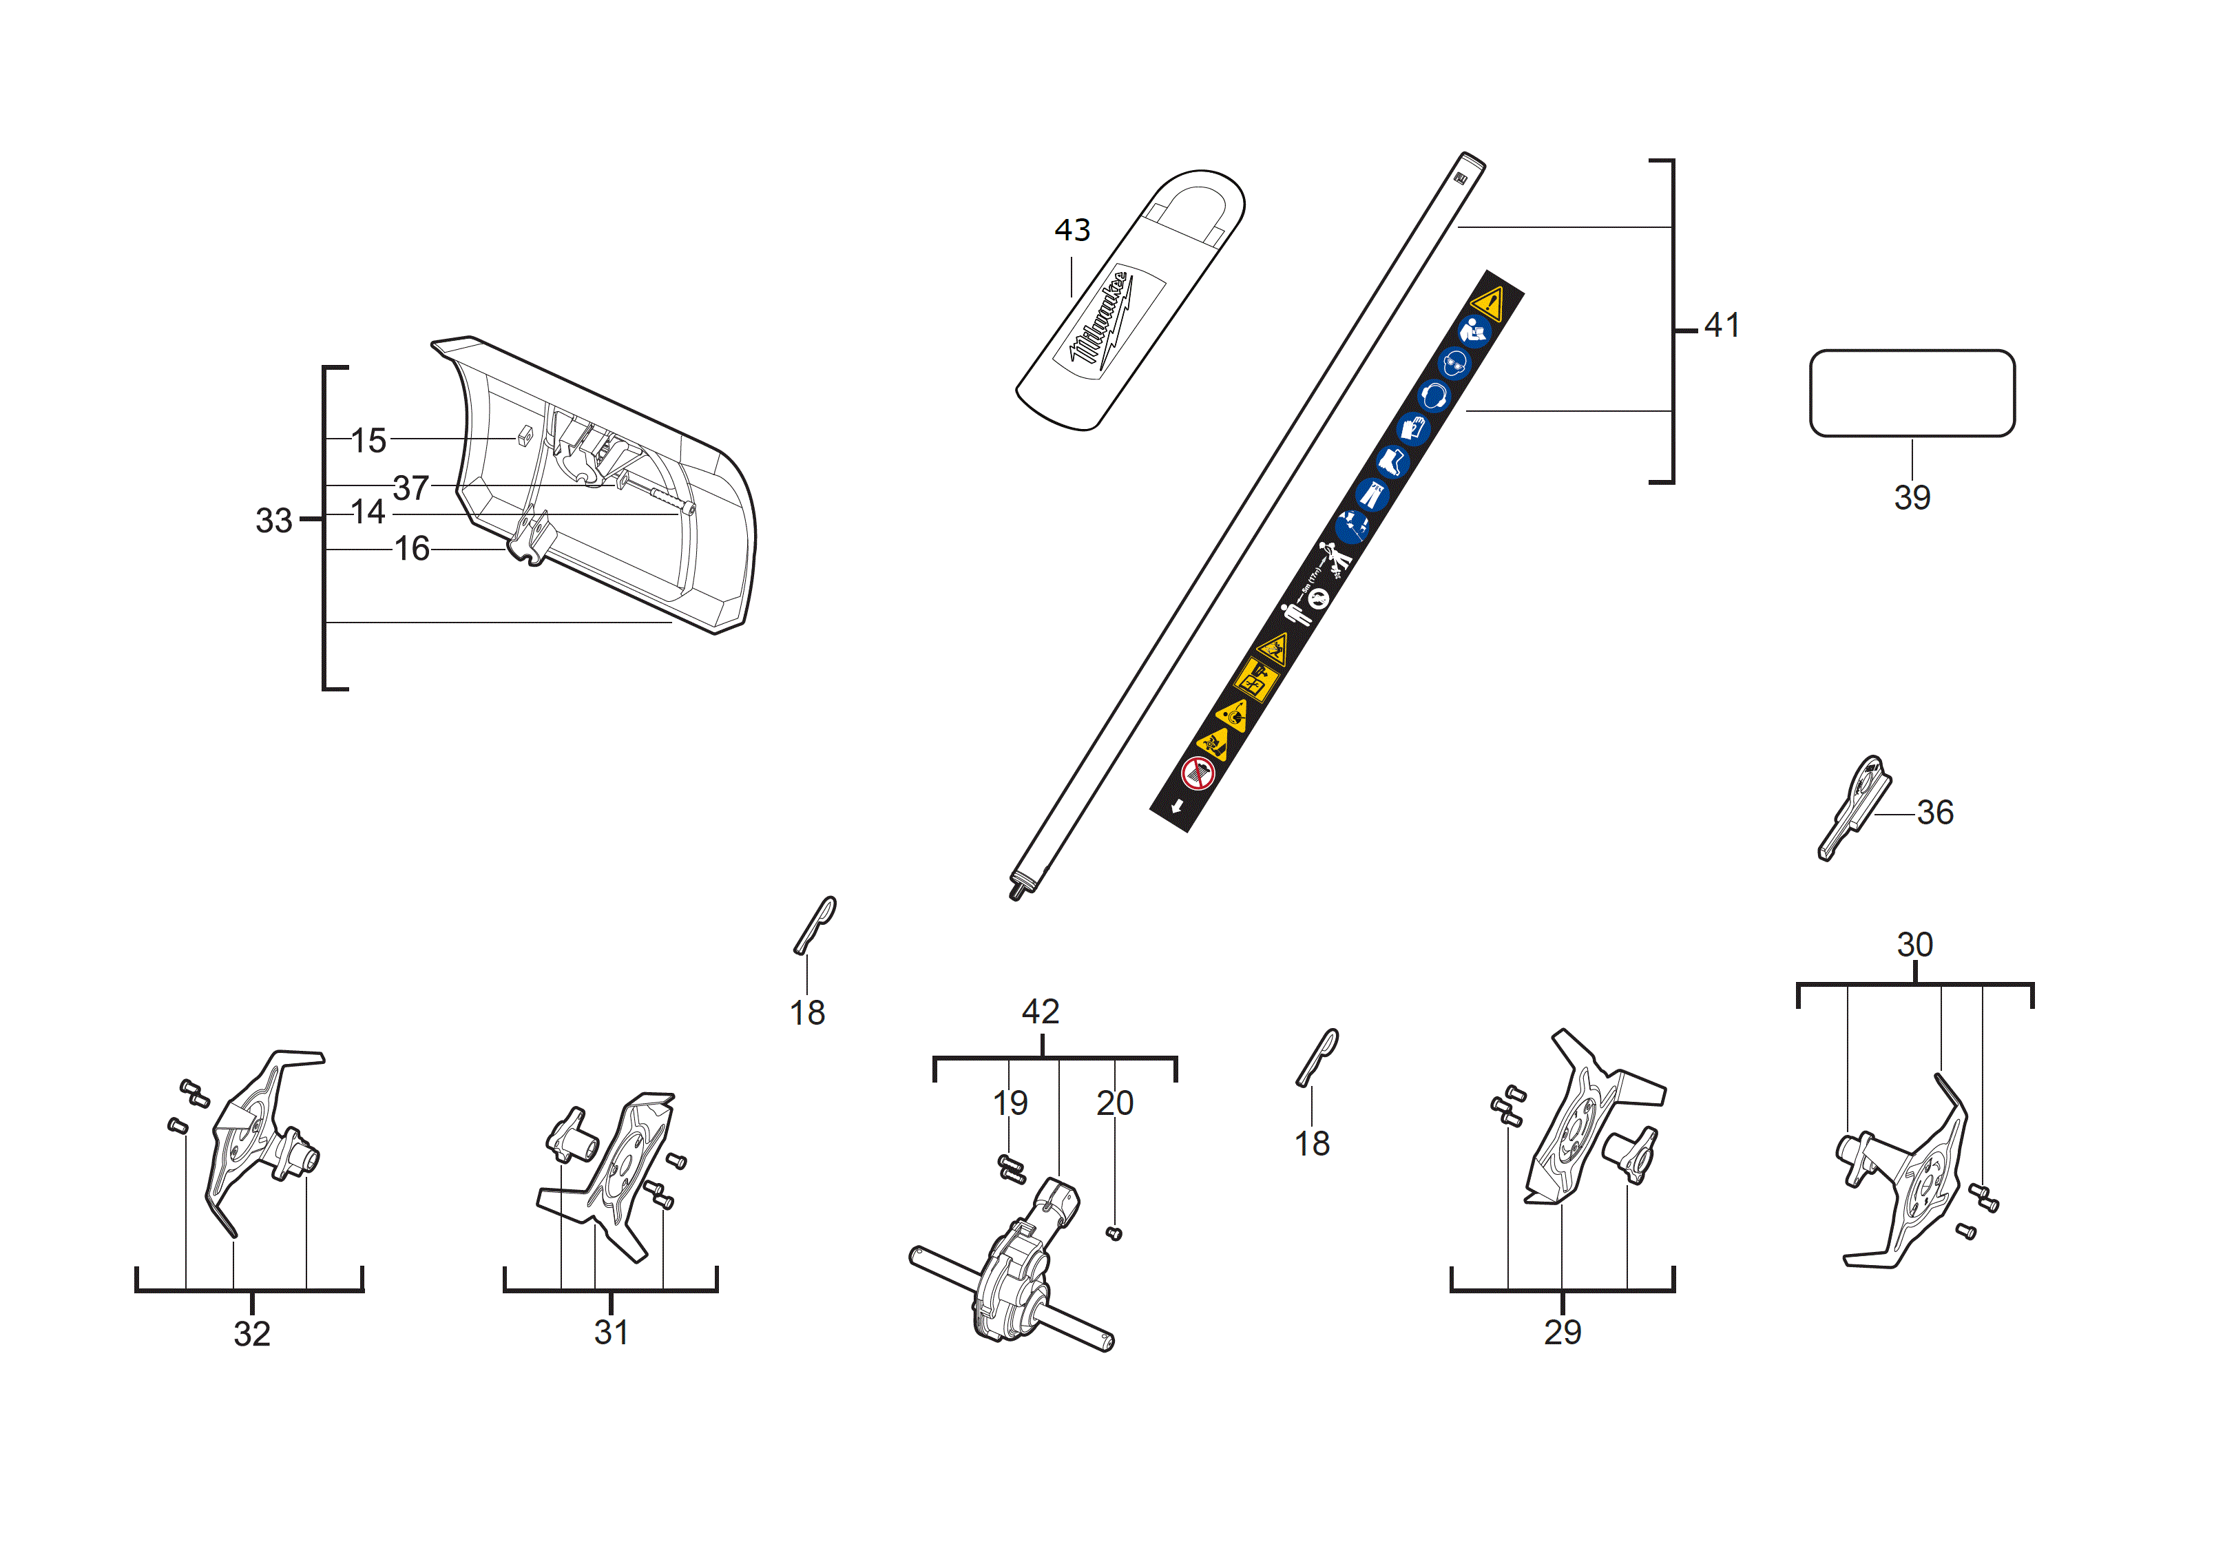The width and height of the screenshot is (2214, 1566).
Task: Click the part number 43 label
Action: pos(1072,231)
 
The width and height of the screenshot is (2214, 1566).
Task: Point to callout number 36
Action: pos(1934,813)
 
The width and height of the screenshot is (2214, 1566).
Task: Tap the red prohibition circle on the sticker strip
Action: pos(1197,773)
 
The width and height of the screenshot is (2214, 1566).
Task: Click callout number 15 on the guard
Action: pos(368,441)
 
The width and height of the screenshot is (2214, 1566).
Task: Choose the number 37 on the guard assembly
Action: pos(411,489)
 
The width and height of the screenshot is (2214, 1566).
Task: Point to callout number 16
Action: pos(412,550)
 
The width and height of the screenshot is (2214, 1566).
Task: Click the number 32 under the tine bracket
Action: pos(251,1335)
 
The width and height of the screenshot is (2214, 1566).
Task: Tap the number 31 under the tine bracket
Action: pos(612,1333)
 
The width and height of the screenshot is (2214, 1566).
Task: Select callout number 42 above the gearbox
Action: pos(1041,1012)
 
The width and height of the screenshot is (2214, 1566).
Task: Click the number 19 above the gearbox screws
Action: pos(1010,1103)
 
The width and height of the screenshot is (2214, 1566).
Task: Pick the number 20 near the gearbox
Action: pos(1115,1103)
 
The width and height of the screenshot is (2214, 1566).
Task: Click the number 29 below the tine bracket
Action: pos(1562,1333)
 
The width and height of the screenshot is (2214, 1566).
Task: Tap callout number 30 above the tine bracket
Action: pos(1914,945)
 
